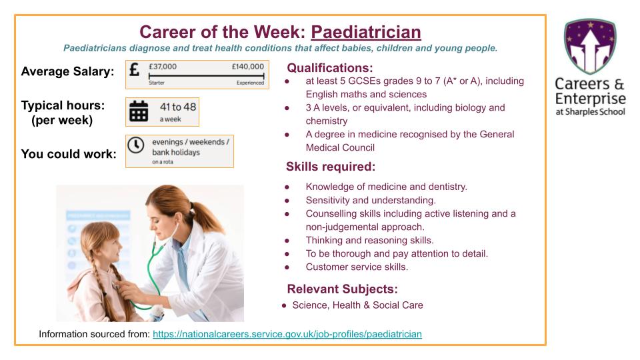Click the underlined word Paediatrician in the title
(x=366, y=32)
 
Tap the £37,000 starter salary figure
(x=162, y=67)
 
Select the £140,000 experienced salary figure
(x=247, y=67)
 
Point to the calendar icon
(x=139, y=111)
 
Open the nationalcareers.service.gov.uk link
(x=287, y=333)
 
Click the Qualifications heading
(x=329, y=68)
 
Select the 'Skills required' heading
(x=331, y=167)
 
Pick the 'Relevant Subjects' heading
(x=342, y=289)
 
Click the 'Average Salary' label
(x=67, y=71)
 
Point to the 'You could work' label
(x=69, y=154)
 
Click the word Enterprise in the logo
(x=591, y=98)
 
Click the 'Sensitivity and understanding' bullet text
(x=371, y=200)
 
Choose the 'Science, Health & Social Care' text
(x=357, y=305)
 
